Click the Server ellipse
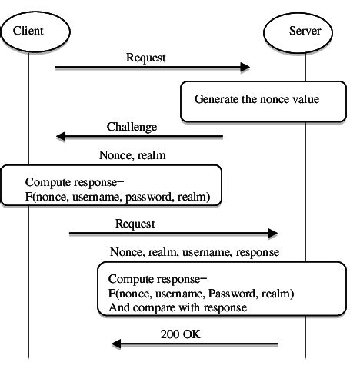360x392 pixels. coord(305,31)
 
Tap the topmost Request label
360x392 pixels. coord(146,58)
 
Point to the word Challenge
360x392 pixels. coord(132,126)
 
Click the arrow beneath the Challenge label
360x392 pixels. coord(139,137)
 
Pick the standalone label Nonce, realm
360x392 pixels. coord(132,154)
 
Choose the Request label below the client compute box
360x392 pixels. coord(135,223)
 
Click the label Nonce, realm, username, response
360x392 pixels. coord(194,251)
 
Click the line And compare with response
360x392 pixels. coord(177,307)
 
